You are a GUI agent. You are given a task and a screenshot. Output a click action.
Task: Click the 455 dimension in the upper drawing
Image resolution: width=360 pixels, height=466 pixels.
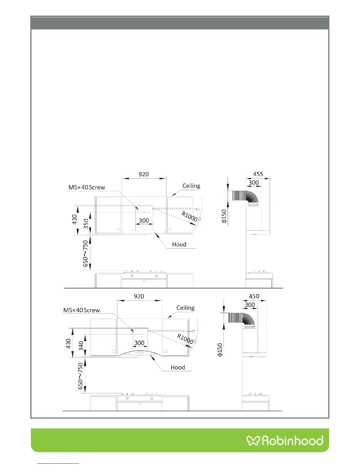pos(258,174)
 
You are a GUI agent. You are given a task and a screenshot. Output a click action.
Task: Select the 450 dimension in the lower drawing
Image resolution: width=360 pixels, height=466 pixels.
pos(254,296)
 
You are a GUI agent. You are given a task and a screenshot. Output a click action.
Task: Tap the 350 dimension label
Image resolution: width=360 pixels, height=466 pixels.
pos(86,224)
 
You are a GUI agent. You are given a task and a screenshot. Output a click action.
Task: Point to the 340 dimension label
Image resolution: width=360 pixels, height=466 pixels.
pos(81,346)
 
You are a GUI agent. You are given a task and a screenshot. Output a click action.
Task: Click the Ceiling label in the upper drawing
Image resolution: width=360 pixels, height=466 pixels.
pos(191,186)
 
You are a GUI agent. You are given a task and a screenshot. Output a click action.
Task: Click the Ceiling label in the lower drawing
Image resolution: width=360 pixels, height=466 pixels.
pos(185,308)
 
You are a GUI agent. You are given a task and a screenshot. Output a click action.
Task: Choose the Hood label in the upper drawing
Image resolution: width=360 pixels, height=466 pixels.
pos(179,244)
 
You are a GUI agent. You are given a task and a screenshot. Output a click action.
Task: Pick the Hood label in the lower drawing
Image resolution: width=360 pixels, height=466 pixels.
pos(178,367)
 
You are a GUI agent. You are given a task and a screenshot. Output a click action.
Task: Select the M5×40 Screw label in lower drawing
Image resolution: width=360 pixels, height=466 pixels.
pos(81,310)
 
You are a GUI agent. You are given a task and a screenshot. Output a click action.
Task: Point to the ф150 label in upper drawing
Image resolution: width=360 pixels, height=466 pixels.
pos(224,216)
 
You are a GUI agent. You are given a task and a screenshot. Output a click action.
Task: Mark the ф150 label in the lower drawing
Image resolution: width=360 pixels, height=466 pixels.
pos(220,350)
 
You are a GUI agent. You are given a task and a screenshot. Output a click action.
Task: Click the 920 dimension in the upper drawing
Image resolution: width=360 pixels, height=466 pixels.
pos(144,174)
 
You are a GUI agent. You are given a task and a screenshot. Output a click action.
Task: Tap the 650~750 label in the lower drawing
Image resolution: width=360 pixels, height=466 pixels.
pos(80,376)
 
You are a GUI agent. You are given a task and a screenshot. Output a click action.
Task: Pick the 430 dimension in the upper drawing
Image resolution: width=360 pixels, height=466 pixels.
pos(74,219)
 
